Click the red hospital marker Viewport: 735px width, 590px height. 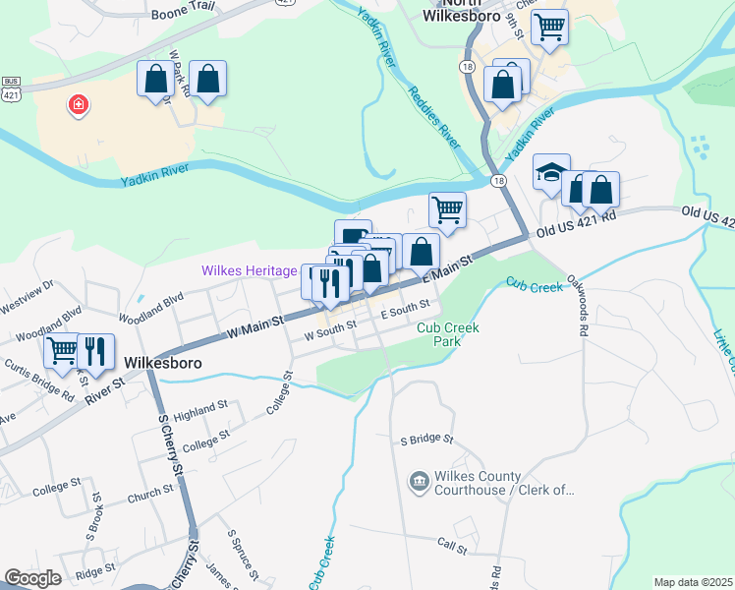point(77,105)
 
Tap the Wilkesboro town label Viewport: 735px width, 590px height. point(148,363)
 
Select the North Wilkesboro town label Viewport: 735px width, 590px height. point(463,11)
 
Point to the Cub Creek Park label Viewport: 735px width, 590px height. point(448,334)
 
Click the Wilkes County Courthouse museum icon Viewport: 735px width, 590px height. point(419,480)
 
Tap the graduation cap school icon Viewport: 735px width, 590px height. point(551,173)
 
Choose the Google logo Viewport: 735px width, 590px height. point(32,578)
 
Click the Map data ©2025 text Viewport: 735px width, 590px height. point(693,582)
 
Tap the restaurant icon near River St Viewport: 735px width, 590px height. point(95,349)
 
